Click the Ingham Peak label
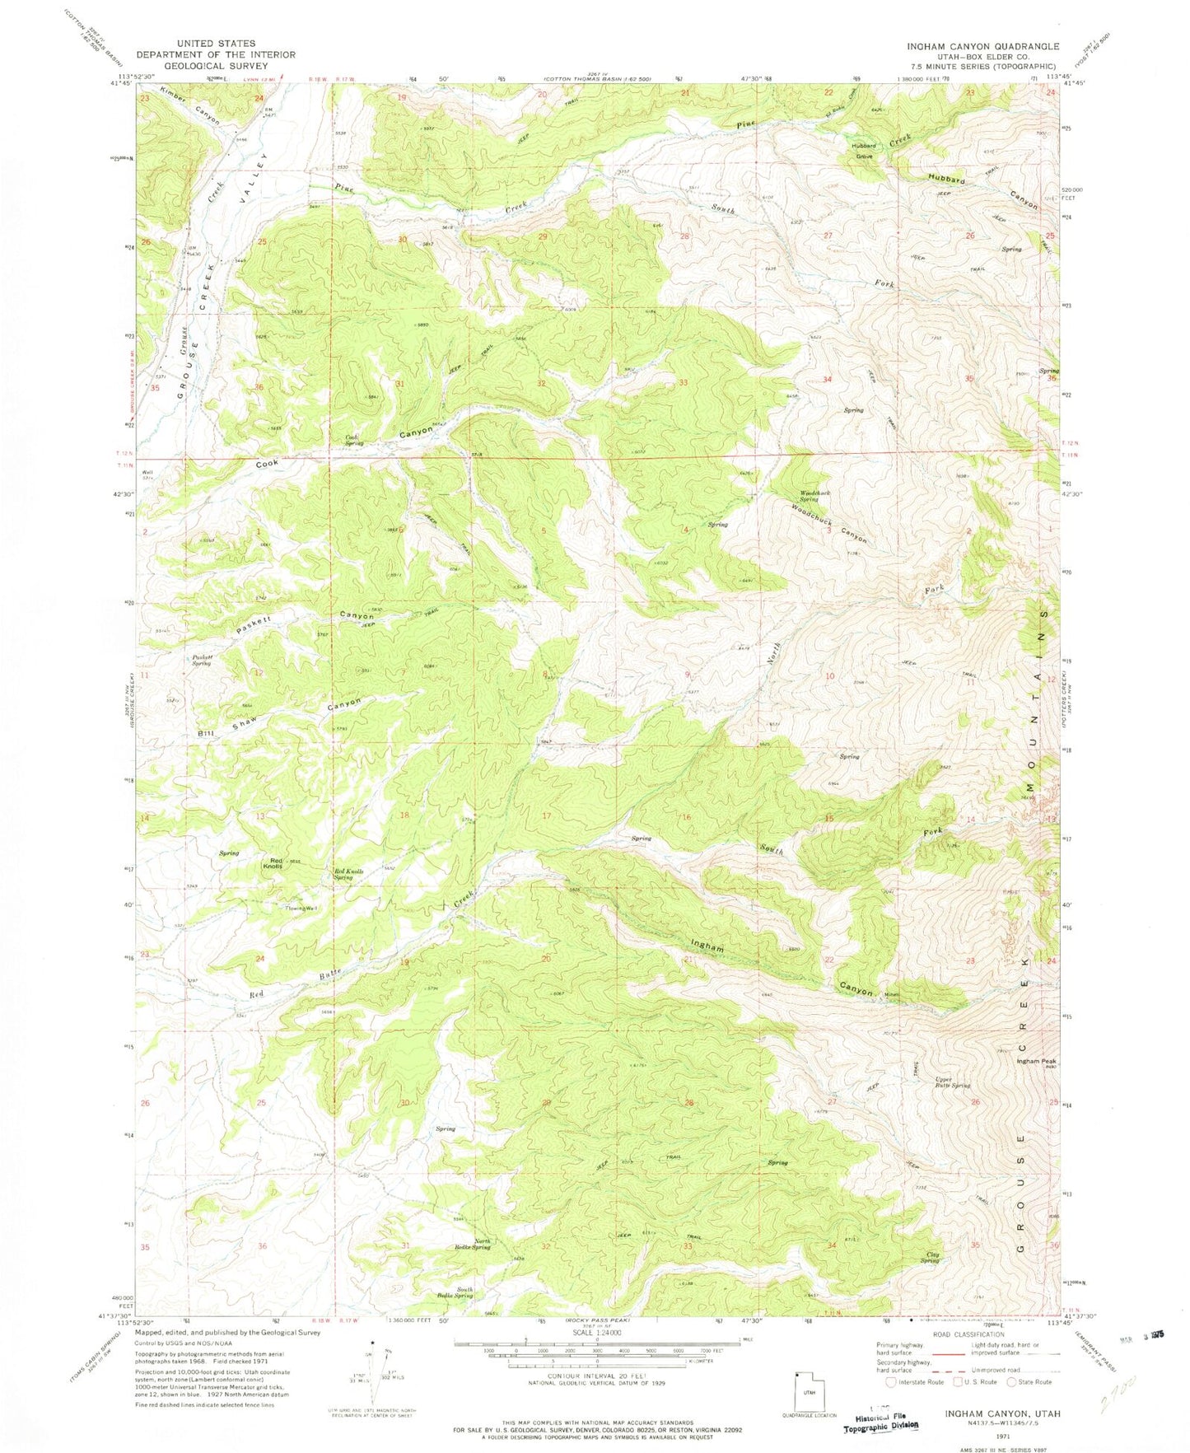(1035, 1062)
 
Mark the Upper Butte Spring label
(953, 1082)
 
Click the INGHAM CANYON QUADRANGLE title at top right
(982, 47)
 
